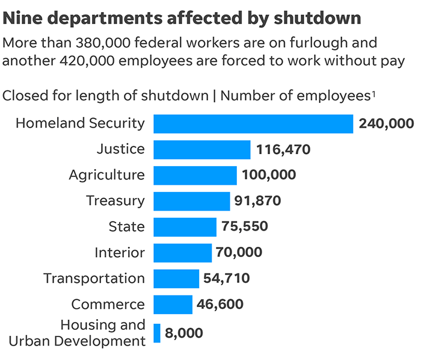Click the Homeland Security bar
pos(253,123)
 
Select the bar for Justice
pos(201,149)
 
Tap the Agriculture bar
pos(195,175)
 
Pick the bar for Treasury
pos(192,201)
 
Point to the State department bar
pos(185,227)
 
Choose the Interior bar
pos(182,253)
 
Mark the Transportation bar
pos(176,279)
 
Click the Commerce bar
pos(173,305)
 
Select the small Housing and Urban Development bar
pos(157,333)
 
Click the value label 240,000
pos(386,124)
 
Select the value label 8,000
pos(184,333)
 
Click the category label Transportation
pos(94,279)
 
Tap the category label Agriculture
pos(106,175)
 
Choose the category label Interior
pos(120,253)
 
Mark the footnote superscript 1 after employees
pos(373,93)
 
